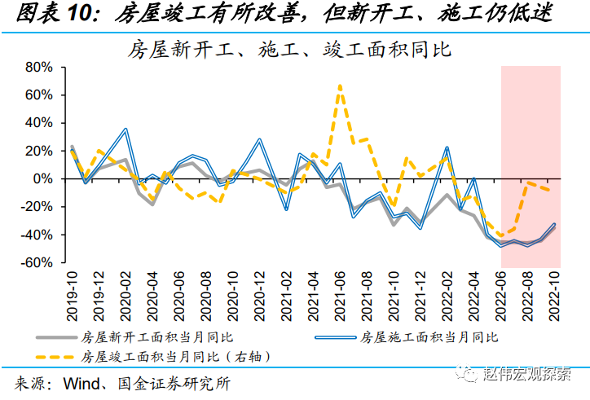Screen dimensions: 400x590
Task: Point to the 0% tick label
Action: pos(42,179)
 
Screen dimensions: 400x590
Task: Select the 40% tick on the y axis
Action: pos(38,123)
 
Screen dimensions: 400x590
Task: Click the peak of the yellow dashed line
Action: pos(339,86)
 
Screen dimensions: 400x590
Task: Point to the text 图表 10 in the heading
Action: pos(55,14)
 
